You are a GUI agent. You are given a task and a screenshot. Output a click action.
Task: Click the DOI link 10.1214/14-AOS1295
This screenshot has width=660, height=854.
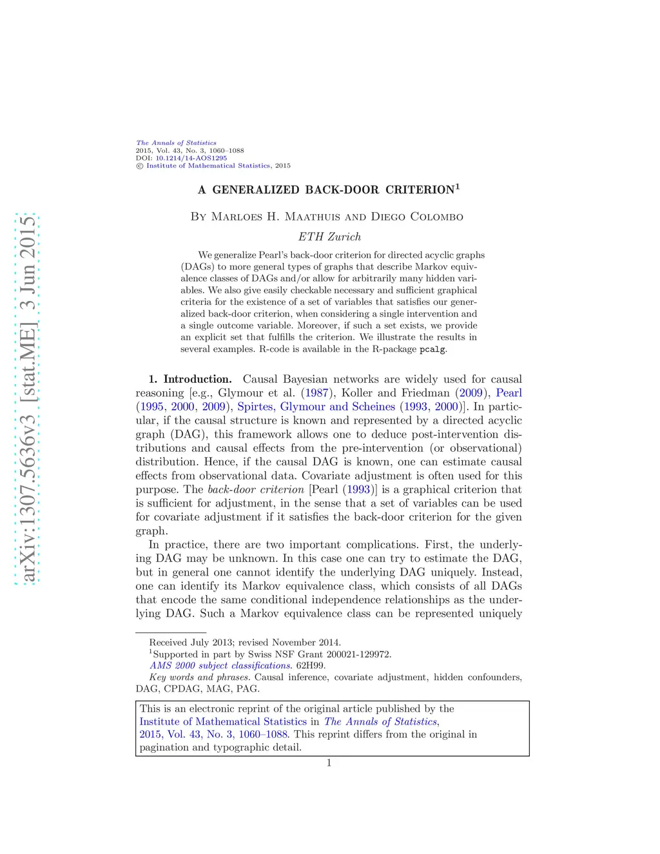tap(191, 158)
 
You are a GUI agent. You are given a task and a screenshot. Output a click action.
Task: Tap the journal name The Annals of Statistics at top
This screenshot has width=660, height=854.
tap(176, 143)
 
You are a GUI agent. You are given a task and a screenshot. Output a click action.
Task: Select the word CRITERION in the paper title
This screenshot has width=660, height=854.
tap(420, 190)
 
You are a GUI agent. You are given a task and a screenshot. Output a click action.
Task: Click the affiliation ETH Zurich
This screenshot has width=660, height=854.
tap(329, 237)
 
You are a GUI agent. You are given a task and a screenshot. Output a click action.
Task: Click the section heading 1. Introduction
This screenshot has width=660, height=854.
tap(189, 379)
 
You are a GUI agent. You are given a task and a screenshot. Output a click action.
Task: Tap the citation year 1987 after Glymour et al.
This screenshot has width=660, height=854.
tap(316, 393)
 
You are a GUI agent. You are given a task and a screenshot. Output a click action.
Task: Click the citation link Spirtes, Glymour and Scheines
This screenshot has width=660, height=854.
tap(316, 407)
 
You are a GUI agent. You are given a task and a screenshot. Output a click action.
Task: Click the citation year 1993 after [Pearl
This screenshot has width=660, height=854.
tap(358, 489)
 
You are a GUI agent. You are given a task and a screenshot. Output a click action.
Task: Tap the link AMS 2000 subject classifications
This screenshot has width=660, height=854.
tap(221, 665)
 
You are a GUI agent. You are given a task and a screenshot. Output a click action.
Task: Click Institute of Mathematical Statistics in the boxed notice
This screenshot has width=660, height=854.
tap(223, 721)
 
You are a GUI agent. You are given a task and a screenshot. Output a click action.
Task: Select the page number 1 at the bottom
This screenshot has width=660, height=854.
tap(329, 763)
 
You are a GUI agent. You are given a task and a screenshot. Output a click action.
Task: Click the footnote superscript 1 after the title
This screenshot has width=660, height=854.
tap(458, 187)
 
